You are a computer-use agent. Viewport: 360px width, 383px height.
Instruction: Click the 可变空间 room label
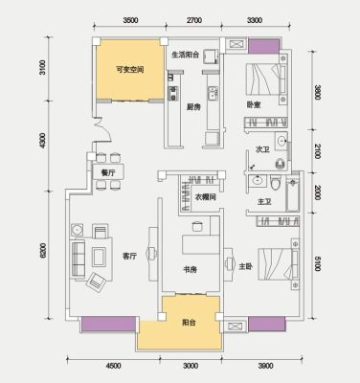pyautogui.click(x=129, y=70)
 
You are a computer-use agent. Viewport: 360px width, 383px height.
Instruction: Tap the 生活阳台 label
pyautogui.click(x=186, y=55)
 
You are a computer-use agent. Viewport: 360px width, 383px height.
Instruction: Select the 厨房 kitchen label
pyautogui.click(x=193, y=107)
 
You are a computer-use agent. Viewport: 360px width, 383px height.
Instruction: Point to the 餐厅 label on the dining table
pyautogui.click(x=108, y=173)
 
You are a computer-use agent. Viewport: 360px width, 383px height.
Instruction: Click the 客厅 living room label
pyautogui.click(x=129, y=256)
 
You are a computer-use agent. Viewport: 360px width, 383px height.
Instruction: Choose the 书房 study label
pyautogui.click(x=190, y=270)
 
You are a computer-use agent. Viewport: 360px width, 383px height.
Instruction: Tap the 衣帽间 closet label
pyautogui.click(x=205, y=197)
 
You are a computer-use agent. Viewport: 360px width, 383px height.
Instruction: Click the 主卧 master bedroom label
pyautogui.click(x=246, y=266)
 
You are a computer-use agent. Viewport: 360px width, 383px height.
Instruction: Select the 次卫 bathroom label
pyautogui.click(x=262, y=149)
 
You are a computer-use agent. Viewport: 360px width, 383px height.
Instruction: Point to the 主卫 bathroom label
pyautogui.click(x=264, y=202)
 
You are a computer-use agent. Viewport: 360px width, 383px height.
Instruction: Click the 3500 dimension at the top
pyautogui.click(x=130, y=20)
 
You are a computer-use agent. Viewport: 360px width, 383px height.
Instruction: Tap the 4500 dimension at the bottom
pyautogui.click(x=113, y=366)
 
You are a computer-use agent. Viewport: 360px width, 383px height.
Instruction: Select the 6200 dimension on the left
pyautogui.click(x=43, y=251)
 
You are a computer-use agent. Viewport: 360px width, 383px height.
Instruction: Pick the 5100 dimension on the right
pyautogui.click(x=317, y=263)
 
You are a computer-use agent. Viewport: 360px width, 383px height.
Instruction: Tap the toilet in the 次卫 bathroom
pyautogui.click(x=281, y=164)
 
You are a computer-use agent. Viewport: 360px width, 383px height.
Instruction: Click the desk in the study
pyautogui.click(x=201, y=244)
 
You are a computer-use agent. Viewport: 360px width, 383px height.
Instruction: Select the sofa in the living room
pyautogui.click(x=78, y=259)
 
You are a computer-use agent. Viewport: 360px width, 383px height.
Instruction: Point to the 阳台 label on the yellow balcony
pyautogui.click(x=190, y=323)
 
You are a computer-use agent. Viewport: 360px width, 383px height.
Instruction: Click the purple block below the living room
pyautogui.click(x=108, y=324)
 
